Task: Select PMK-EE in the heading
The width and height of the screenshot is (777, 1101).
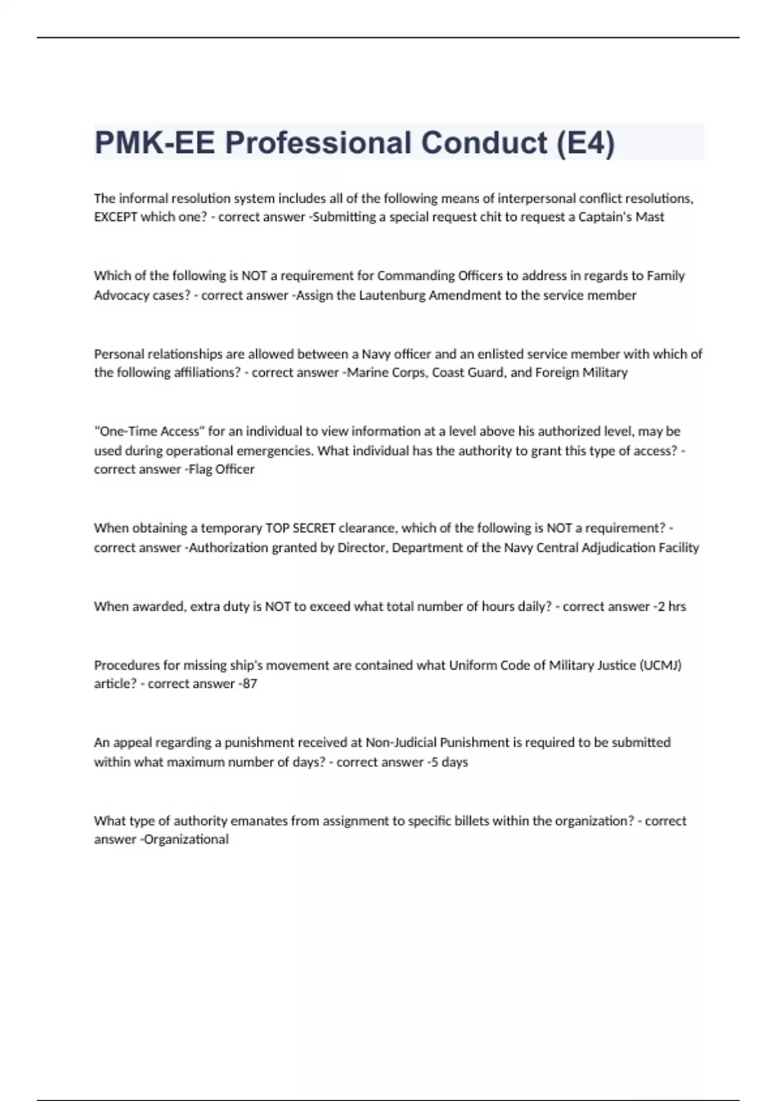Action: pyautogui.click(x=154, y=142)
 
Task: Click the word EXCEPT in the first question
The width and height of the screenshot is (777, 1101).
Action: pyautogui.click(x=115, y=217)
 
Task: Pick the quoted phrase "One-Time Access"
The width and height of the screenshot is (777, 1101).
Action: pyautogui.click(x=149, y=431)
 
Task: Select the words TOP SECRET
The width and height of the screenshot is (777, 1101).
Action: pyautogui.click(x=300, y=528)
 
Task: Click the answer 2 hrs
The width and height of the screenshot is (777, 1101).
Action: pyautogui.click(x=671, y=606)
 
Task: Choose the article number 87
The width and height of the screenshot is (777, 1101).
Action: pyautogui.click(x=250, y=684)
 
